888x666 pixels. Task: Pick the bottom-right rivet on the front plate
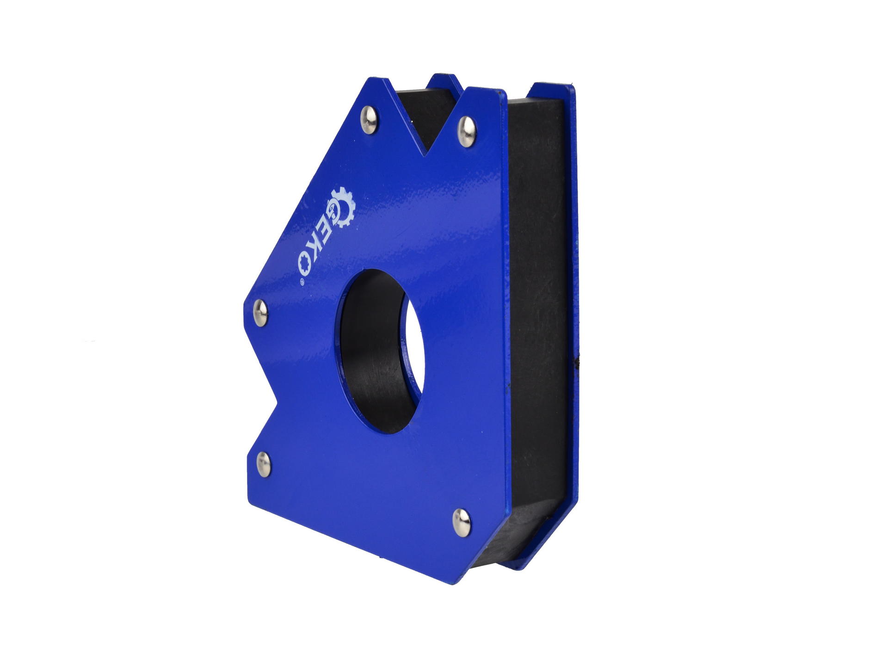[461, 521]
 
